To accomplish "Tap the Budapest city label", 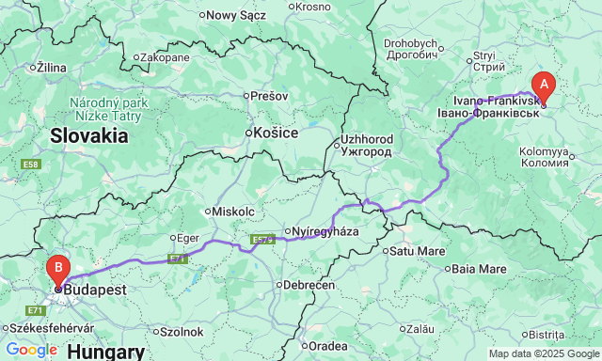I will pyautogui.click(x=95, y=290).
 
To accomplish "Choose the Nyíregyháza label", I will pyautogui.click(x=325, y=231).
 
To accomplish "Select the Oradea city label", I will pyautogui.click(x=332, y=345).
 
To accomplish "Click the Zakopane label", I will pyautogui.click(x=167, y=57).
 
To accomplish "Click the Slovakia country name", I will pyautogui.click(x=89, y=135).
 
